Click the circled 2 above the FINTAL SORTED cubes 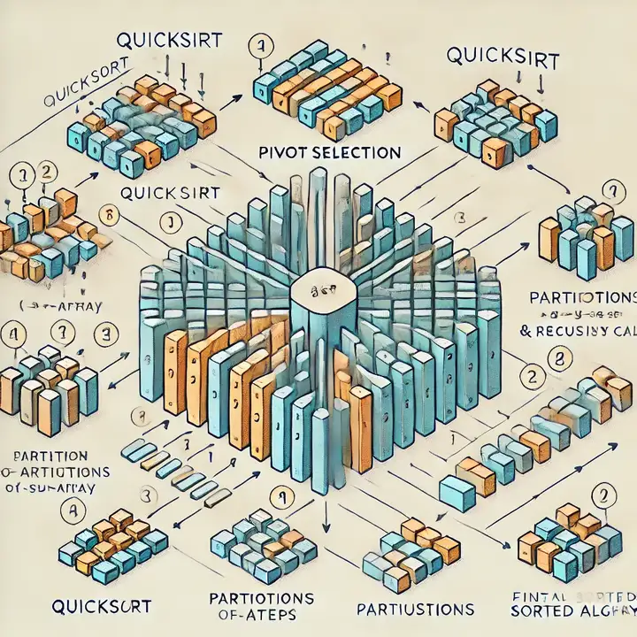pos(605,497)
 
